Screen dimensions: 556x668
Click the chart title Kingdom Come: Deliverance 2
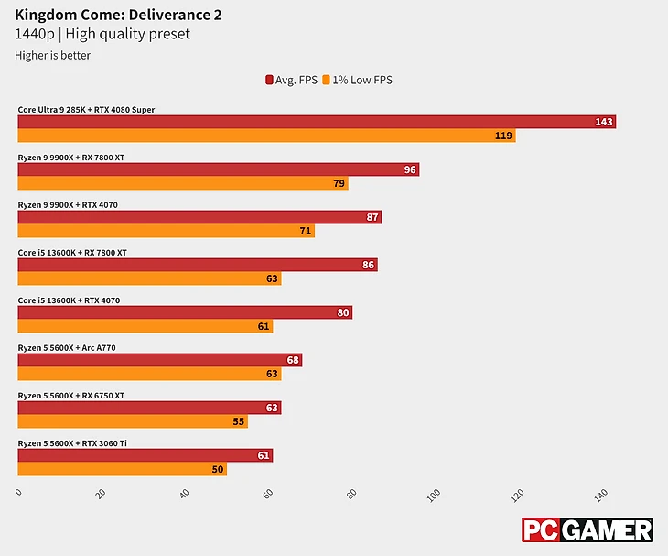[x=118, y=15]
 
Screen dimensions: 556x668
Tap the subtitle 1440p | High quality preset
[x=102, y=35]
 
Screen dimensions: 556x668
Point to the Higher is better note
[x=53, y=55]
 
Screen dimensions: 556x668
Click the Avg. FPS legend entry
[x=291, y=80]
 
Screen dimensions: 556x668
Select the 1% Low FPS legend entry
[x=357, y=80]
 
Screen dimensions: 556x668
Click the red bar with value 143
[x=317, y=122]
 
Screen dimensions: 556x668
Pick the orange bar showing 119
[x=266, y=136]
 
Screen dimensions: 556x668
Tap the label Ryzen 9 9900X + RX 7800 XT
[x=70, y=158]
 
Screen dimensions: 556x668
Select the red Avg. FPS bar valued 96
[x=218, y=169]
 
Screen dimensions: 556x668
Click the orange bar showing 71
[x=166, y=231]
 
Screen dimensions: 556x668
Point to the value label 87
[x=372, y=217]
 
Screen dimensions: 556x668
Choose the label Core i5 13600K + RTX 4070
[x=69, y=300]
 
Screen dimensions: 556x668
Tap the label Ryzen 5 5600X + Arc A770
[x=66, y=348]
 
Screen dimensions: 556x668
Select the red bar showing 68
[x=159, y=360]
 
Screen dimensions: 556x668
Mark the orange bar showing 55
[x=133, y=421]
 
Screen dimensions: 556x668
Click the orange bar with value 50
[x=122, y=469]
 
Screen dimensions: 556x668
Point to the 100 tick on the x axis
[x=434, y=496]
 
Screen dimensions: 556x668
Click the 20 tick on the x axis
[x=101, y=495]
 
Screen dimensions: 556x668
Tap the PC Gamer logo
[x=587, y=530]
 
